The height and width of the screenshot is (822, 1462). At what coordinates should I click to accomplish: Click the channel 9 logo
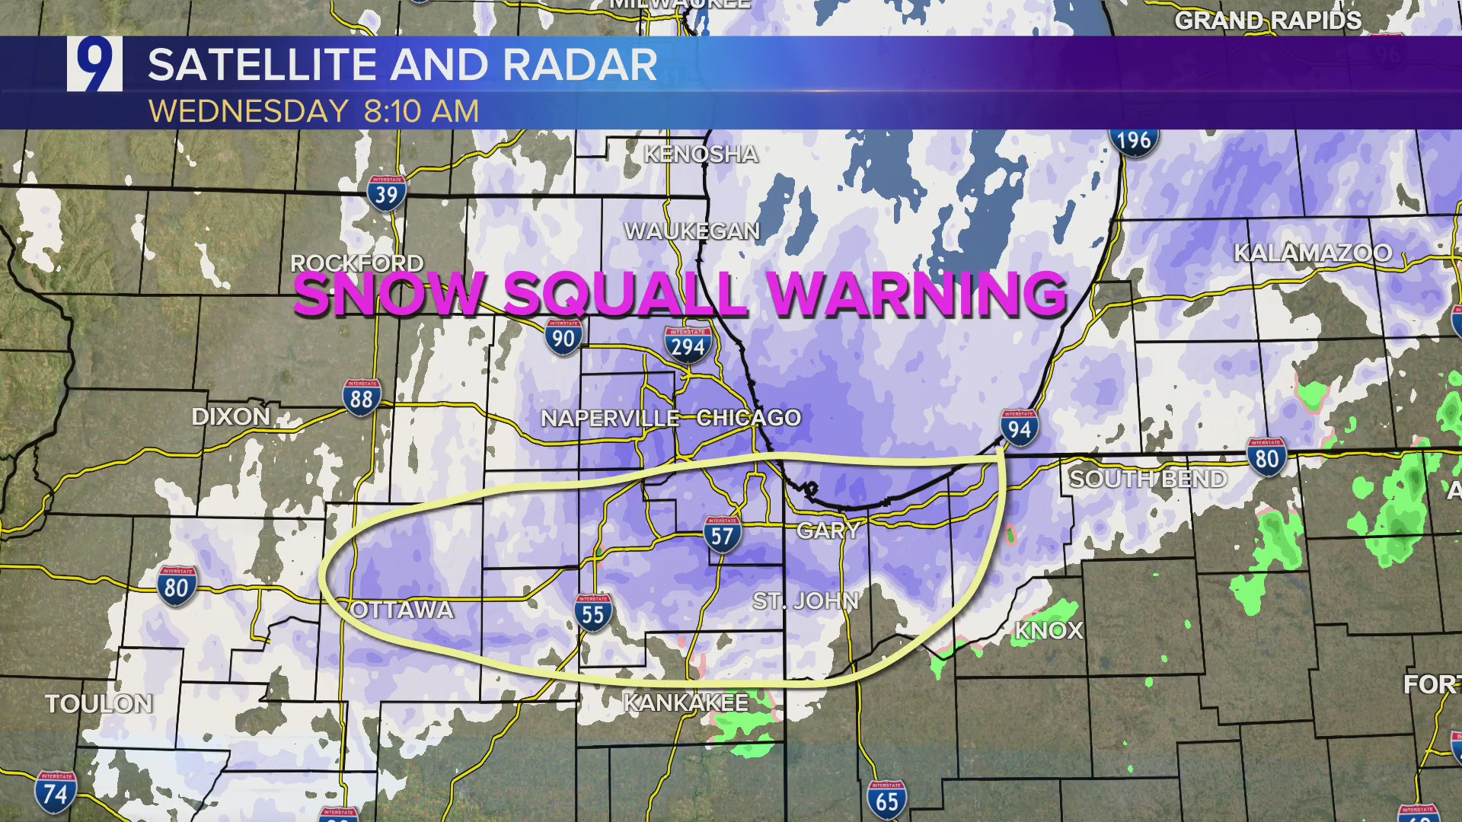click(94, 64)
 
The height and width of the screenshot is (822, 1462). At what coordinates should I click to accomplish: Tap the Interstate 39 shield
click(386, 194)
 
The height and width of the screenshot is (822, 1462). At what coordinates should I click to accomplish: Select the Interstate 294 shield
click(688, 346)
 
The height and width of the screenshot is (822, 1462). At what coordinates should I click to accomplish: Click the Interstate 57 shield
click(722, 535)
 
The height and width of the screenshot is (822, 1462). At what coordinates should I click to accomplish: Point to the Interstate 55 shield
click(592, 613)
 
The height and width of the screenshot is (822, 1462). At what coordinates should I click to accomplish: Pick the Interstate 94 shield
click(1019, 429)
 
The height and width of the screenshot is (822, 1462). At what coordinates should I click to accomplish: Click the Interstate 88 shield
click(362, 397)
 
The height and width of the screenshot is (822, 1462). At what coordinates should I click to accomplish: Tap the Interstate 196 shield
click(1134, 140)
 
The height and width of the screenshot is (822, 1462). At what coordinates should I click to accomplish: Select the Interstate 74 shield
click(55, 792)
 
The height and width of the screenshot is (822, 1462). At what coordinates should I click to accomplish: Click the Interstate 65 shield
click(886, 800)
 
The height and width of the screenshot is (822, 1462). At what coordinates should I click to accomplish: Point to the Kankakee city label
click(685, 703)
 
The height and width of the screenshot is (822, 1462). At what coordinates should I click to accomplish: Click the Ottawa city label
click(403, 610)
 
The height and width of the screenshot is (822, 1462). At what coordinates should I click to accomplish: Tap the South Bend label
click(1148, 479)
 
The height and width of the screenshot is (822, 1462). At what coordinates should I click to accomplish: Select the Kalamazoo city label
click(1312, 253)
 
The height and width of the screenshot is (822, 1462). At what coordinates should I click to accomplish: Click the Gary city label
click(828, 530)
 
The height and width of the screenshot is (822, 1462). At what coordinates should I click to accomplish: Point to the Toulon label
click(99, 703)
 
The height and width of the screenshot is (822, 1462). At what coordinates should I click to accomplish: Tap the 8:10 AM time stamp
click(421, 111)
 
